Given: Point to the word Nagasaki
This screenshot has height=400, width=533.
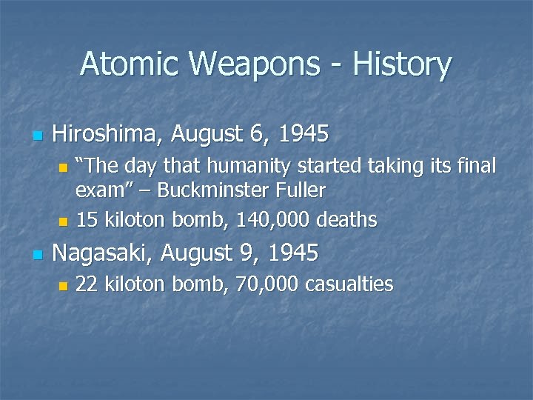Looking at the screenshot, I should pos(104,253).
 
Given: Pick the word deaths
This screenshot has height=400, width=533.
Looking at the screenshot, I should pos(349,220).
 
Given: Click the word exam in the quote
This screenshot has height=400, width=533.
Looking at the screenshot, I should pos(96,191).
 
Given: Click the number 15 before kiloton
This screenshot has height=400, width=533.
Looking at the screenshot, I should pos(87,220).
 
